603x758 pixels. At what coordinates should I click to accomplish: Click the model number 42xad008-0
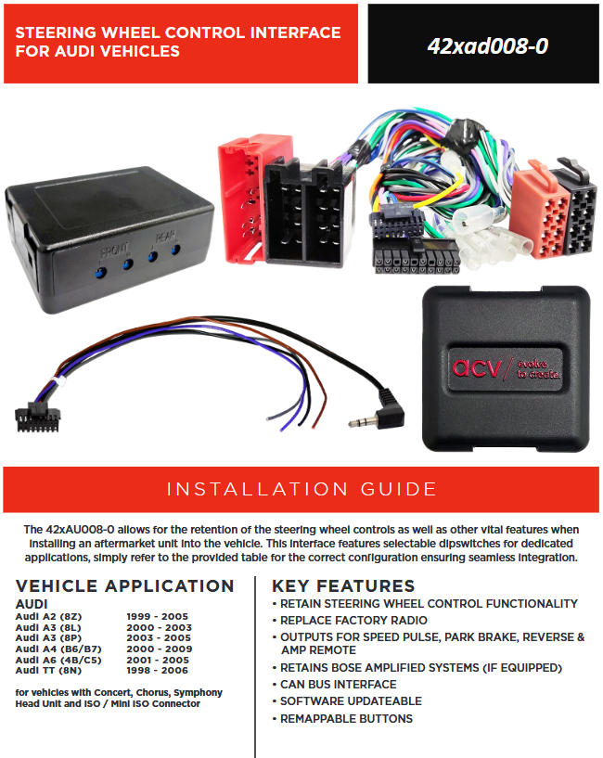pyautogui.click(x=487, y=45)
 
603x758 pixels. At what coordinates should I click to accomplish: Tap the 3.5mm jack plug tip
pyautogui.click(x=352, y=424)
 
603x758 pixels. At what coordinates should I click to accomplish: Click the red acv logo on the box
pyautogui.click(x=476, y=368)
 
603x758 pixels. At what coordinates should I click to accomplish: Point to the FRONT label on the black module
pyautogui.click(x=114, y=251)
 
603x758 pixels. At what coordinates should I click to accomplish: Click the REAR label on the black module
pyautogui.click(x=165, y=237)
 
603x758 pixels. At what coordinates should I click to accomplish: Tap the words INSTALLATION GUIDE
pyautogui.click(x=301, y=489)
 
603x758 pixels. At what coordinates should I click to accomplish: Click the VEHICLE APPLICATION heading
pyautogui.click(x=124, y=586)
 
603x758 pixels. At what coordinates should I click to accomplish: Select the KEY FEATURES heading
pyautogui.click(x=343, y=586)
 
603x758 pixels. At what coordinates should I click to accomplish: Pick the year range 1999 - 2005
pyautogui.click(x=157, y=616)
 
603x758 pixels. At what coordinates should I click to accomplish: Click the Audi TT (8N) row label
pyautogui.click(x=48, y=671)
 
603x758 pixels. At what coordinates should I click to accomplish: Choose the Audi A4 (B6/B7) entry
pyautogui.click(x=58, y=649)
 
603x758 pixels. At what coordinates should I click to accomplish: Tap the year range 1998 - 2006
pyautogui.click(x=157, y=671)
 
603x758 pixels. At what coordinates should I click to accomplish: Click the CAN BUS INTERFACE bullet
pyautogui.click(x=335, y=685)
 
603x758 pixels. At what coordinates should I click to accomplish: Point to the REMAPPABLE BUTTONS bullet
pyautogui.click(x=343, y=719)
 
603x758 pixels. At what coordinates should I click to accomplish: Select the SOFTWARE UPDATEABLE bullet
pyautogui.click(x=347, y=701)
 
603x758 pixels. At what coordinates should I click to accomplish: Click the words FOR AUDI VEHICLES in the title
pyautogui.click(x=97, y=51)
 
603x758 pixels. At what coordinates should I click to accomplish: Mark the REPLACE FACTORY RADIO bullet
pyautogui.click(x=350, y=621)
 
